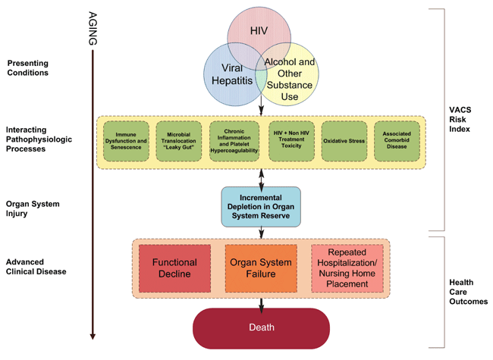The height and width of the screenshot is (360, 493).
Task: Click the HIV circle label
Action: (260, 30)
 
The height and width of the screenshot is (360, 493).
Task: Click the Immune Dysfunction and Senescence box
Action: (127, 140)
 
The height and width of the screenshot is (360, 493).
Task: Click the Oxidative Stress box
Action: (343, 140)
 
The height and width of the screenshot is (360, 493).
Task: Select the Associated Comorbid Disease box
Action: (397, 140)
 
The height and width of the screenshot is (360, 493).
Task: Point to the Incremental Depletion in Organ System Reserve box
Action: (261, 206)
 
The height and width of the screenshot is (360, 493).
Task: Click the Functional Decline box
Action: (175, 268)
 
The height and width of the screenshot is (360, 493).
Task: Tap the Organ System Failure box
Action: (261, 268)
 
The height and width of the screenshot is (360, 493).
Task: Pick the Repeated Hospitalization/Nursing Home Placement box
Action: (347, 268)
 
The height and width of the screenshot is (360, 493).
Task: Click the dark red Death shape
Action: (262, 327)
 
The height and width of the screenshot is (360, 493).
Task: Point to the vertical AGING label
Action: (92, 29)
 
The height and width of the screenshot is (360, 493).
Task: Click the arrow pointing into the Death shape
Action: (262, 303)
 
